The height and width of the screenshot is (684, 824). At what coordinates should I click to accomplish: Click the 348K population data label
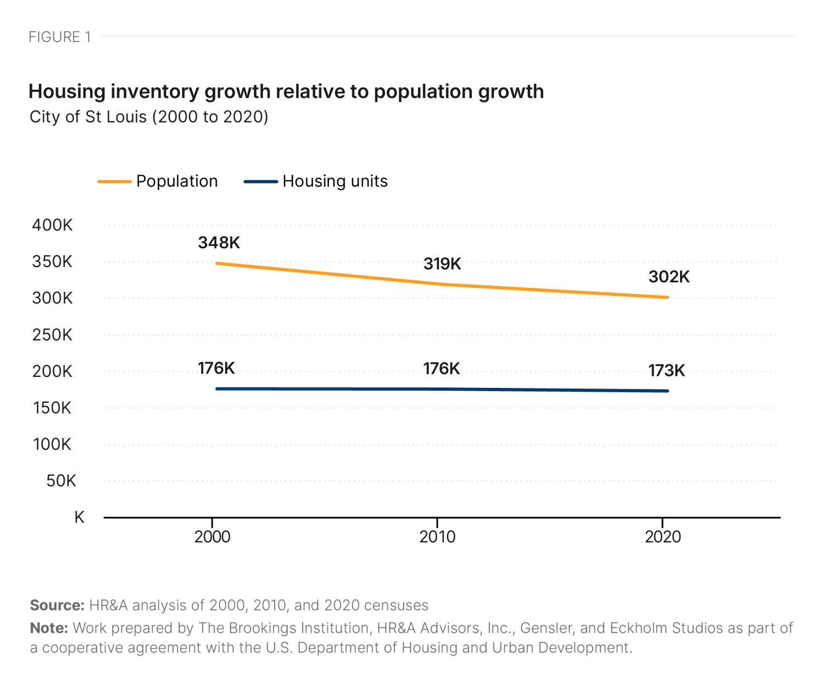pos(219,243)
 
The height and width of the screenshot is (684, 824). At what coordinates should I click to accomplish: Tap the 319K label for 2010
pos(442,264)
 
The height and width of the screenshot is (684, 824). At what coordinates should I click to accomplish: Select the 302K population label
pos(669,277)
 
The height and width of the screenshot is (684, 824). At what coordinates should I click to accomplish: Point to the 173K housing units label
pos(666,371)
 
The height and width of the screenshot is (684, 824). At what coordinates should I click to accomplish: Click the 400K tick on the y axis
pos(52,225)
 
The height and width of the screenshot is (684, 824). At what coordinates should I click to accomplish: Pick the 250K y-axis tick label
pos(52,335)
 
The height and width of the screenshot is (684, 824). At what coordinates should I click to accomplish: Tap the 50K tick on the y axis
pos(61,481)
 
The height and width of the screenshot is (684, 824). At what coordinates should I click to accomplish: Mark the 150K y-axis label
pos(52,408)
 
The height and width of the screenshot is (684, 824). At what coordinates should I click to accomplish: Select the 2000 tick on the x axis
pos(212,537)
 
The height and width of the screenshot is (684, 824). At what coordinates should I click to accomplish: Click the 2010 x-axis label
pos(437,537)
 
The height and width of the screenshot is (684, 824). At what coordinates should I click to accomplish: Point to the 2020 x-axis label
pos(662,537)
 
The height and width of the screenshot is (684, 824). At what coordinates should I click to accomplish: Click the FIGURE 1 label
pos(59,37)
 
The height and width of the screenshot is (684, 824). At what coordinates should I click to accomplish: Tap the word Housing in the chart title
pos(66,92)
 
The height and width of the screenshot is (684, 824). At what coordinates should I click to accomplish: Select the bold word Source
pos(57,605)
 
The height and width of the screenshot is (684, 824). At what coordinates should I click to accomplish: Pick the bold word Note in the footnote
pos(48,628)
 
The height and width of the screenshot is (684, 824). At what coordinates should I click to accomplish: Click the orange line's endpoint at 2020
pos(667,297)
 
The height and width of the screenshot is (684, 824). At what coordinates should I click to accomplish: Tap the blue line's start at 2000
pos(218,389)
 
